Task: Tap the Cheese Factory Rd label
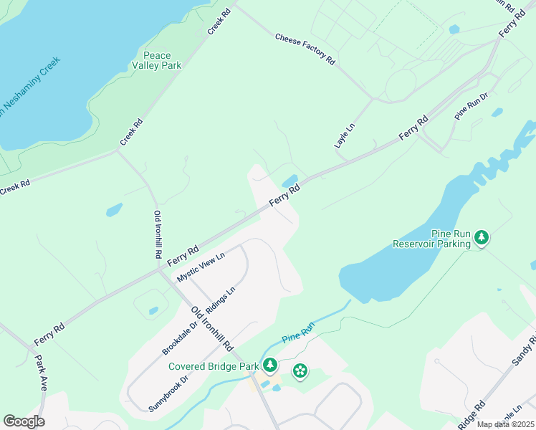(305, 49)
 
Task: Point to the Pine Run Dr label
(472, 105)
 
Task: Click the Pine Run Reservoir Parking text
(431, 239)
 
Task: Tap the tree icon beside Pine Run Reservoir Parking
(482, 238)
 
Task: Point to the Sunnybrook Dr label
(168, 393)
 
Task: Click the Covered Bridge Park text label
(214, 366)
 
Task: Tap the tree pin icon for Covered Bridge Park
(270, 365)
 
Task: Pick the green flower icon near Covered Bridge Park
(300, 371)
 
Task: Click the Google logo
(24, 421)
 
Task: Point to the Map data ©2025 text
(505, 424)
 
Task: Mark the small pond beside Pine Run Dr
(496, 113)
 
